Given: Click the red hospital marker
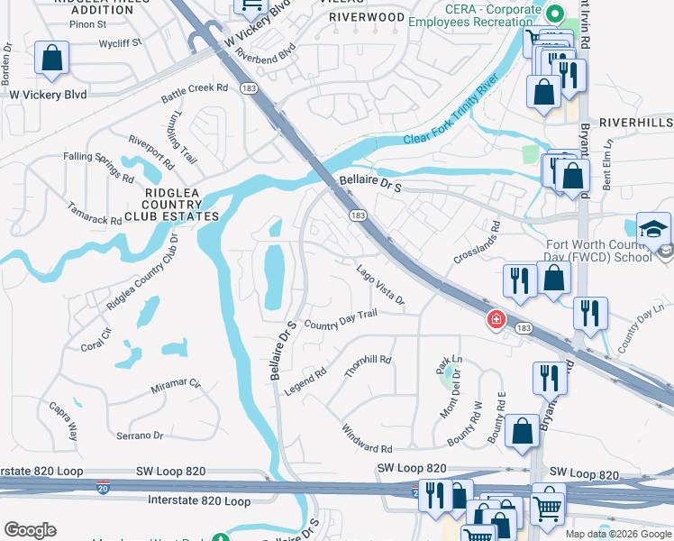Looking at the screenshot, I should pos(495,319).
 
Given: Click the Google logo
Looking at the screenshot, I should pos(30,530).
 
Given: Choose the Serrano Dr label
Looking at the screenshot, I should pos(140,436).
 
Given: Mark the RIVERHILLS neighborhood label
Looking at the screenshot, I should pos(635,122).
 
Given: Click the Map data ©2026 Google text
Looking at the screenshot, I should pos(619,534).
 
